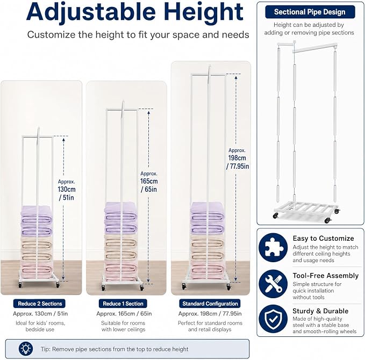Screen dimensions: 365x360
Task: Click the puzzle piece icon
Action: pyautogui.click(x=273, y=248)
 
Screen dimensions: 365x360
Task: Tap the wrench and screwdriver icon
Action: pyautogui.click(x=273, y=284)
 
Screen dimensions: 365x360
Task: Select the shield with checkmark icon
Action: pyautogui.click(x=273, y=319)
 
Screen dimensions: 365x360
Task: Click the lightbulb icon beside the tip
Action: pyautogui.click(x=26, y=349)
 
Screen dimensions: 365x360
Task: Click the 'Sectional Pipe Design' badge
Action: pyautogui.click(x=310, y=12)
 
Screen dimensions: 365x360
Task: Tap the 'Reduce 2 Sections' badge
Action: pyautogui.click(x=40, y=304)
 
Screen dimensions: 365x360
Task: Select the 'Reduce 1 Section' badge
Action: pyautogui.click(x=123, y=304)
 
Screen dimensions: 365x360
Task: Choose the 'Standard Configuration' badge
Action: pyautogui.click(x=210, y=304)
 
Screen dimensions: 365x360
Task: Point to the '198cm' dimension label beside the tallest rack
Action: pyautogui.click(x=237, y=158)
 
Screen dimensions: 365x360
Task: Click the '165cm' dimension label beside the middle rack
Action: pyautogui.click(x=149, y=181)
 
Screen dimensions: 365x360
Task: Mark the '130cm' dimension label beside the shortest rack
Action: pyautogui.click(x=67, y=190)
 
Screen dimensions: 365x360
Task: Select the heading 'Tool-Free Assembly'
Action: pyautogui.click(x=325, y=276)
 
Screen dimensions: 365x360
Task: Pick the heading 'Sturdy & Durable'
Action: pyautogui.click(x=320, y=311)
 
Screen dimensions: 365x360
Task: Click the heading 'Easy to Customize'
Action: pyautogui.click(x=323, y=239)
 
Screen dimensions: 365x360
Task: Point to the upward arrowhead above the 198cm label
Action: pyautogui.click(x=236, y=77)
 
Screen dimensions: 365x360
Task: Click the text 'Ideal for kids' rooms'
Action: pyautogui.click(x=40, y=323)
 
